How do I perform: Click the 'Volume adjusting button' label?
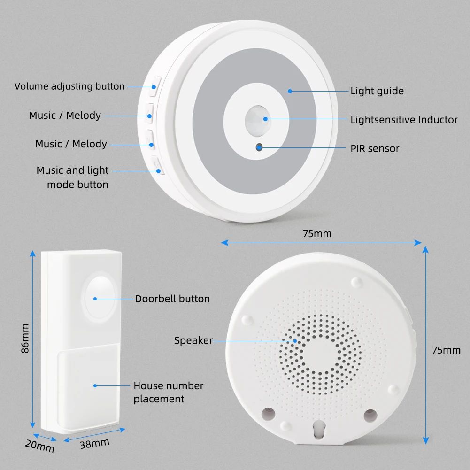(69, 86)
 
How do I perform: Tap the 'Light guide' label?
(377, 91)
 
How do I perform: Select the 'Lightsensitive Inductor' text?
(404, 120)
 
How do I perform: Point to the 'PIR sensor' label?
(375, 149)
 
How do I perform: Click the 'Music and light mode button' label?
(73, 177)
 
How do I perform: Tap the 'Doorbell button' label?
(172, 299)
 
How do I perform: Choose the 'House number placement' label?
(169, 392)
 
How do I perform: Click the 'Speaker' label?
(193, 340)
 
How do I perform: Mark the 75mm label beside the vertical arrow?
(446, 350)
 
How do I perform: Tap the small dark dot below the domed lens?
(259, 147)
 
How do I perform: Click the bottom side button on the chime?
(157, 165)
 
